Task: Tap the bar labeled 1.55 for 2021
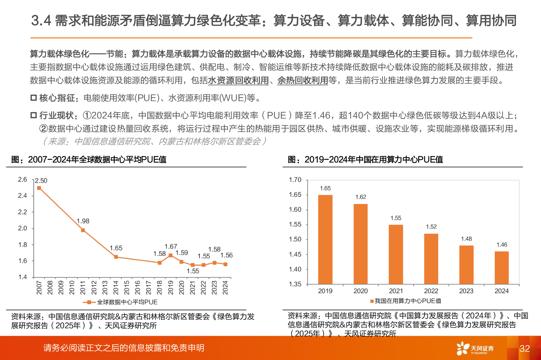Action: click(396, 254)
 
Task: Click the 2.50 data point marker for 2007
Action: click(39, 188)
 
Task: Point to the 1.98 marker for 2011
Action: click(83, 230)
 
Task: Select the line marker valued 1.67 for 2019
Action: click(171, 255)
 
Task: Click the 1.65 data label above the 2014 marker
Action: click(116, 248)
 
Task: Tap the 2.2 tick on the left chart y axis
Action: click(23, 212)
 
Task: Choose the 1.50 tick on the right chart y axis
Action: click(295, 239)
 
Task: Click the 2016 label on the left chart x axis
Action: click(138, 287)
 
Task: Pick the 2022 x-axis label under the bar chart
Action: click(431, 291)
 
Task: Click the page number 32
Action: click(524, 349)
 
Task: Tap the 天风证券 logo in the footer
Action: click(475, 348)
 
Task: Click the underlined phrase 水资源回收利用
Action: click(238, 80)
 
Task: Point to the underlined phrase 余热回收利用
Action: click(303, 80)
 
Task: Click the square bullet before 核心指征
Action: click(34, 98)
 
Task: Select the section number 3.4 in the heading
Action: click(41, 21)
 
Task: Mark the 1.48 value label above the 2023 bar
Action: click(466, 239)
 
